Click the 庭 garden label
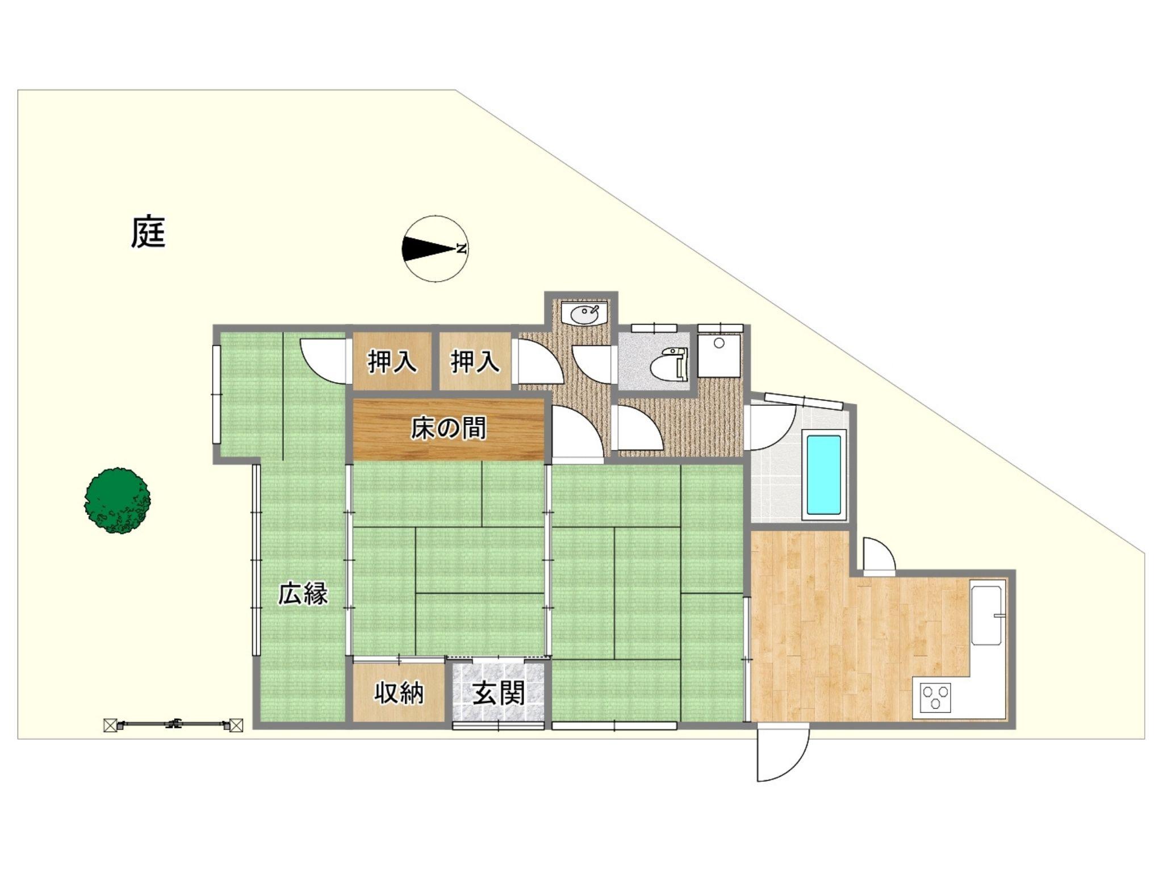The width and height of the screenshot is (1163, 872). point(148,232)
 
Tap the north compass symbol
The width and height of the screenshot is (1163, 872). point(436,249)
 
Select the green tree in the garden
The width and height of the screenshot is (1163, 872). point(118,501)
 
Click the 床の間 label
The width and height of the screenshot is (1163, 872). point(449,429)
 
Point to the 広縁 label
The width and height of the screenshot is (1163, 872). point(303,594)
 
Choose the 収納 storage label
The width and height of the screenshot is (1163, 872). point(399,693)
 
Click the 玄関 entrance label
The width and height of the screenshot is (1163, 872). point(499,693)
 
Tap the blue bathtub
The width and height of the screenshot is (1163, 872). point(823,475)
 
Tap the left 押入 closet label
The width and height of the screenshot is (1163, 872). point(392,362)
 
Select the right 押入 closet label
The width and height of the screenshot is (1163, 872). point(475,362)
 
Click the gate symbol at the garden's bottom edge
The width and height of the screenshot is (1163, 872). point(173,725)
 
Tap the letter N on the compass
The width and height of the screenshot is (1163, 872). point(462,249)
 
